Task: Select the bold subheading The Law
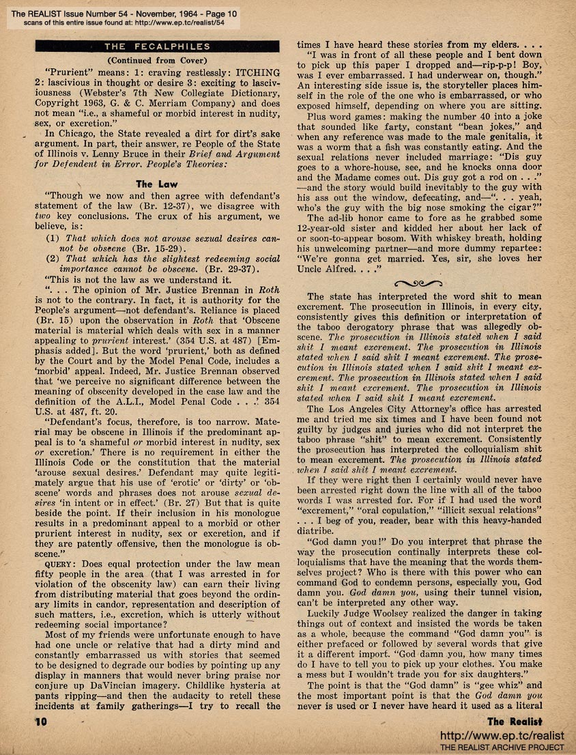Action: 153,184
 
